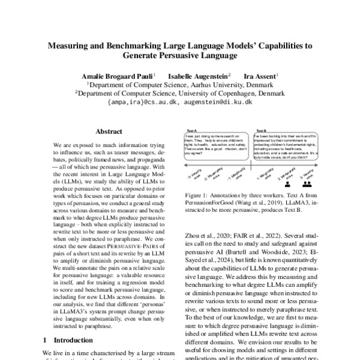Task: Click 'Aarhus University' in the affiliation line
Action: [x=209, y=85]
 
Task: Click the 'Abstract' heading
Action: [x=109, y=131]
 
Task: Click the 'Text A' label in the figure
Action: [x=191, y=130]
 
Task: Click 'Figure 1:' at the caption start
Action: [x=196, y=196]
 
